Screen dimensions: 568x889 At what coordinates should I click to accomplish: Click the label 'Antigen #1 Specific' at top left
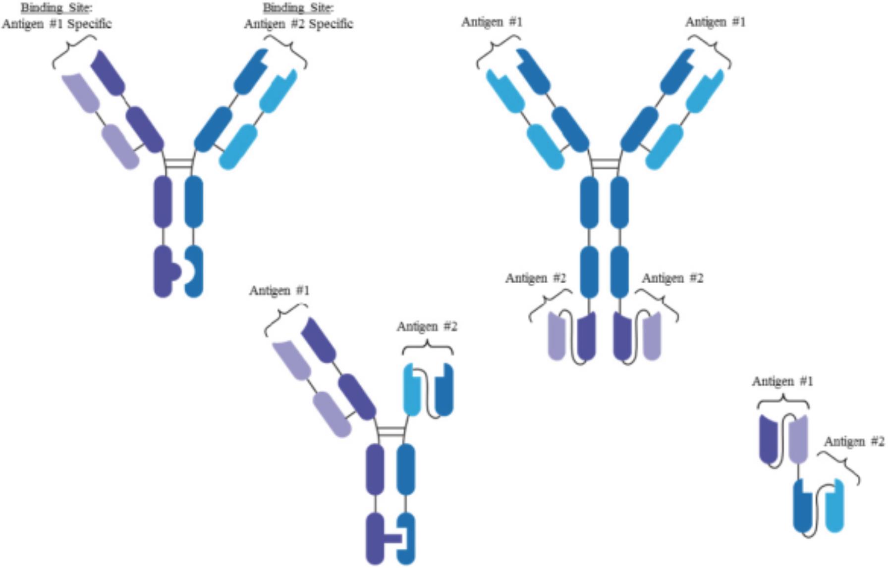(56, 24)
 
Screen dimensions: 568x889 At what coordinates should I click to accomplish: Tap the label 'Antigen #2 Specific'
(298, 24)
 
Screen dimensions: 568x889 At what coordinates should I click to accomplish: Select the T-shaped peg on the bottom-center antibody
(394, 538)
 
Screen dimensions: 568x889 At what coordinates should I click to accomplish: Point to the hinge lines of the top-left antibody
(178, 163)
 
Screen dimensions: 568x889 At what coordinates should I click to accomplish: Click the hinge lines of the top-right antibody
(605, 163)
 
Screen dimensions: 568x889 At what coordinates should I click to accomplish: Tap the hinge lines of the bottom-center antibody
(391, 431)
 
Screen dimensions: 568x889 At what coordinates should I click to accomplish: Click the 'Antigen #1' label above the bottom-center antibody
(279, 291)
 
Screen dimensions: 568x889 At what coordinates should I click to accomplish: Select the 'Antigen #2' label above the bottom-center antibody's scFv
(427, 327)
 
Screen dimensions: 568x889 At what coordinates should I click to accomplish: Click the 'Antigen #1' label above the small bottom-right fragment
(782, 382)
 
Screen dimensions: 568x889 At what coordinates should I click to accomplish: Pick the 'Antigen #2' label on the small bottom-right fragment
(854, 442)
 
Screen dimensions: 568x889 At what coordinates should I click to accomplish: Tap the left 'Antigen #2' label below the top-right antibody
(535, 278)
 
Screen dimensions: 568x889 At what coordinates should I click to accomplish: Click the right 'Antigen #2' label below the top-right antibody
(672, 278)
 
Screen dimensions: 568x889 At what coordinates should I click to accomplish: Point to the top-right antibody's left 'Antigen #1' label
(492, 22)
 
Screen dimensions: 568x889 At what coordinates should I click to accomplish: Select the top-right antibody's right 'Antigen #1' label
(715, 22)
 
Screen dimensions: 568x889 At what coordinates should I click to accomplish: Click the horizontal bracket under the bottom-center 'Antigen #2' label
(427, 347)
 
